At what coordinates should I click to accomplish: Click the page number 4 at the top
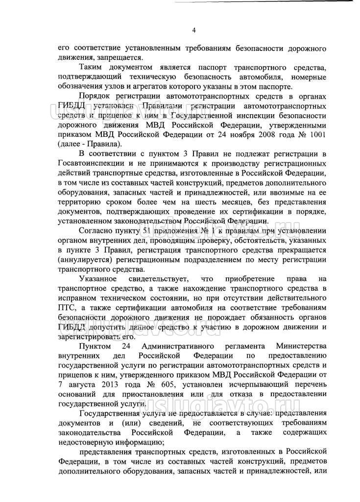[194, 30]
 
